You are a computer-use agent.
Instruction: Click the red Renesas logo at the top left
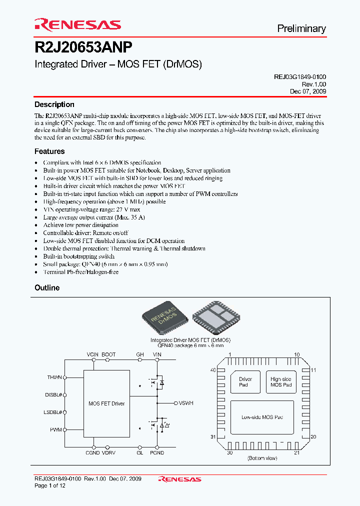pyautogui.click(x=77, y=24)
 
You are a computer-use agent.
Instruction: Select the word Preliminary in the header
pyautogui.click(x=301, y=28)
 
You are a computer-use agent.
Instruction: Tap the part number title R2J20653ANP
pyautogui.click(x=83, y=47)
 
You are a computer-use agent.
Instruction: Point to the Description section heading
pyautogui.click(x=54, y=104)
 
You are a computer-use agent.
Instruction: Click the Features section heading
pyautogui.click(x=49, y=151)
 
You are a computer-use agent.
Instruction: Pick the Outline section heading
pyautogui.click(x=47, y=287)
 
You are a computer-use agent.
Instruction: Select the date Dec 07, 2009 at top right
pyautogui.click(x=308, y=91)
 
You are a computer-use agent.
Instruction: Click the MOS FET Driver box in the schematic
pyautogui.click(x=106, y=403)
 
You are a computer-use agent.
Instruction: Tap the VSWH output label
pyautogui.click(x=186, y=402)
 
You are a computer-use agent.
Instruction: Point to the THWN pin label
pyautogui.click(x=54, y=377)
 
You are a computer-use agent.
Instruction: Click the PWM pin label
pyautogui.click(x=56, y=429)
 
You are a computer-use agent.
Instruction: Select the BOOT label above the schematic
pyautogui.click(x=108, y=354)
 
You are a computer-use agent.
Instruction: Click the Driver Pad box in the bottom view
pyautogui.click(x=245, y=382)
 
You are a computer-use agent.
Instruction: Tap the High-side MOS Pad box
pyautogui.click(x=280, y=382)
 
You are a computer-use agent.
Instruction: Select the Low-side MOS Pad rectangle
pyautogui.click(x=262, y=417)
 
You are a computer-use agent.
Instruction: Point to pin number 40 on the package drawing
pyautogui.click(x=213, y=370)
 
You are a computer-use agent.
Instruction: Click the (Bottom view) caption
pyautogui.click(x=262, y=458)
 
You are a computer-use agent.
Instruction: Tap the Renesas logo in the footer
pyautogui.click(x=179, y=479)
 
